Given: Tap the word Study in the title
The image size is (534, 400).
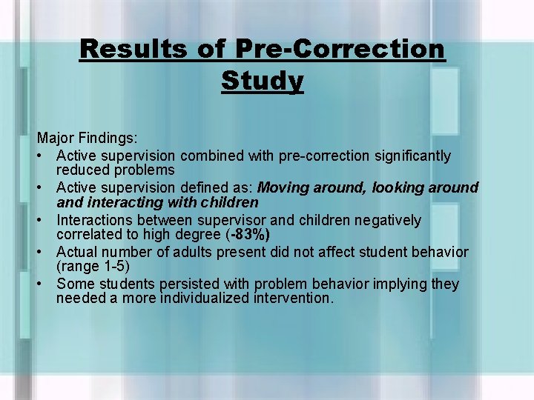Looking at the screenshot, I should pyautogui.click(x=262, y=80).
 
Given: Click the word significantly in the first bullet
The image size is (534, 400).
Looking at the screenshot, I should pyautogui.click(x=409, y=156).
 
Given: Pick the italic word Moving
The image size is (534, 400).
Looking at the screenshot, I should pyautogui.click(x=283, y=187).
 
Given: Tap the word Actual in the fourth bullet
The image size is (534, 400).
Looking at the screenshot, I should pyautogui.click(x=77, y=252).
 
